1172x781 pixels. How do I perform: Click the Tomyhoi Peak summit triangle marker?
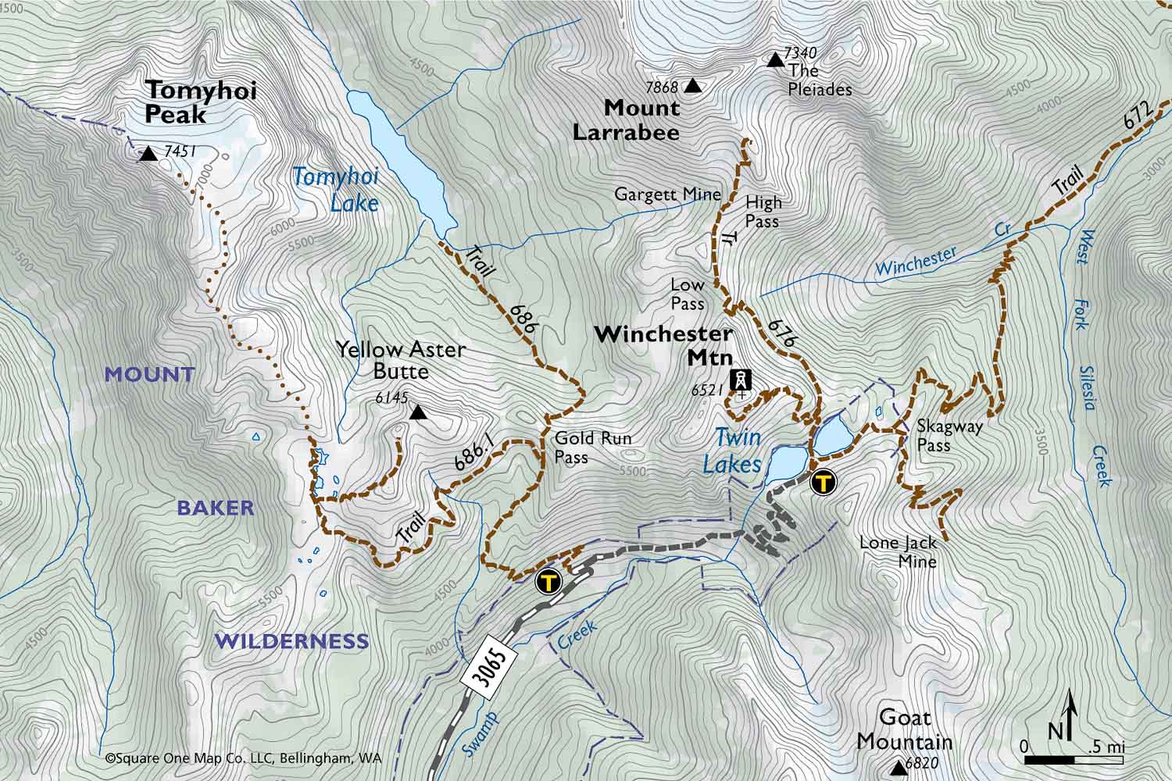(148, 154)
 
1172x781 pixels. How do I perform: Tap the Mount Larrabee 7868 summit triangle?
(692, 87)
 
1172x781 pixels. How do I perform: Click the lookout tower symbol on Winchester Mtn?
(739, 380)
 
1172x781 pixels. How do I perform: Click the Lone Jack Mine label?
(898, 551)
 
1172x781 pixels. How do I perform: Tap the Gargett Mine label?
(667, 194)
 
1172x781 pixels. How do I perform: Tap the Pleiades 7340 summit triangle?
(775, 60)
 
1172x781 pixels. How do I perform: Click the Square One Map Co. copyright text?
(243, 758)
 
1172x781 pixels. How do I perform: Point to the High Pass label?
(763, 212)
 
